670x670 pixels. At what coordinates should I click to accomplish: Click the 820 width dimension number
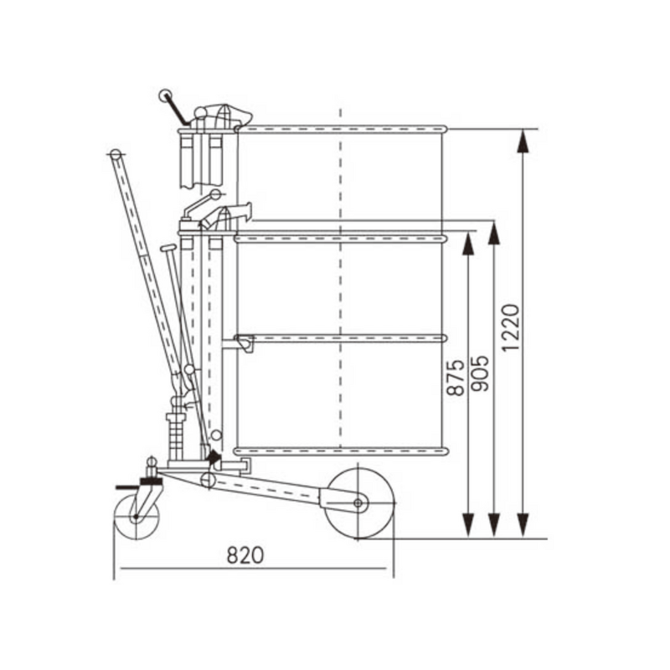(245, 554)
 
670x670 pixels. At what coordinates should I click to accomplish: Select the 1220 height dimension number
(512, 327)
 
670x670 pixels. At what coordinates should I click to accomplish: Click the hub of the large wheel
(358, 502)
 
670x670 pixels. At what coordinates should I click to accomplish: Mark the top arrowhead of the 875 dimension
(468, 243)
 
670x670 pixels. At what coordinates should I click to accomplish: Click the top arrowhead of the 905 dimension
(494, 233)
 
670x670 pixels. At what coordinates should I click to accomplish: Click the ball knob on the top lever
(165, 96)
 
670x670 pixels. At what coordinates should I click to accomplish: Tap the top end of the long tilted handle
(115, 153)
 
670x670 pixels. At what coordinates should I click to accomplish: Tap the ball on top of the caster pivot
(152, 460)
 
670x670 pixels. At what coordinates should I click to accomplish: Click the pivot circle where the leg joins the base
(207, 480)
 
